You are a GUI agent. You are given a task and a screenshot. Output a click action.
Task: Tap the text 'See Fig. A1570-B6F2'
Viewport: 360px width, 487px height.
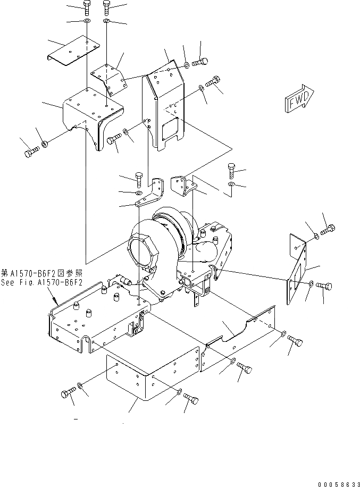coord(41,282)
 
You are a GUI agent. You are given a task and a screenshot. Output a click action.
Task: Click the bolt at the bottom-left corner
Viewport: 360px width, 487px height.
coord(67,394)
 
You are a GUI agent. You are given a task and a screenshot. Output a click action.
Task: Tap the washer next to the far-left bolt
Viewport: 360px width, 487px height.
coord(45,144)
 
